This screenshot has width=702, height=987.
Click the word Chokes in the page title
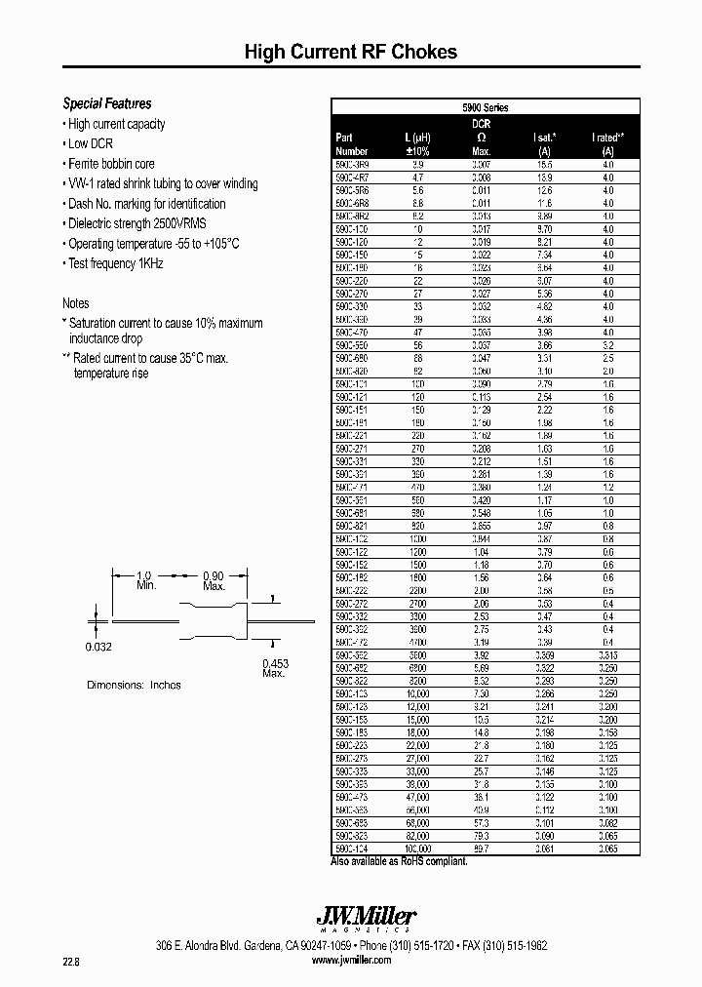(x=424, y=53)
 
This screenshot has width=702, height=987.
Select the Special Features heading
(x=107, y=103)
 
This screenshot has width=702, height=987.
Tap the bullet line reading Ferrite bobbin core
(x=110, y=164)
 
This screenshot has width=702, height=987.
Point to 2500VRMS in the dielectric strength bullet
(x=181, y=223)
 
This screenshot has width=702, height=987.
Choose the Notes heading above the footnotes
(x=76, y=303)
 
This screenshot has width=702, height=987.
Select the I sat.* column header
(x=544, y=138)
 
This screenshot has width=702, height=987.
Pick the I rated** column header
(x=607, y=138)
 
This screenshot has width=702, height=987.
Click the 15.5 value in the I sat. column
(x=544, y=166)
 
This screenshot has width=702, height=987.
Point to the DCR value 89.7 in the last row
(x=481, y=849)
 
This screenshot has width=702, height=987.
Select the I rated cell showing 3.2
(x=607, y=345)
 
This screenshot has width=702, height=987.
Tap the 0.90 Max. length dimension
(x=214, y=580)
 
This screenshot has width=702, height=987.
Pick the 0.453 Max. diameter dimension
(x=274, y=668)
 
